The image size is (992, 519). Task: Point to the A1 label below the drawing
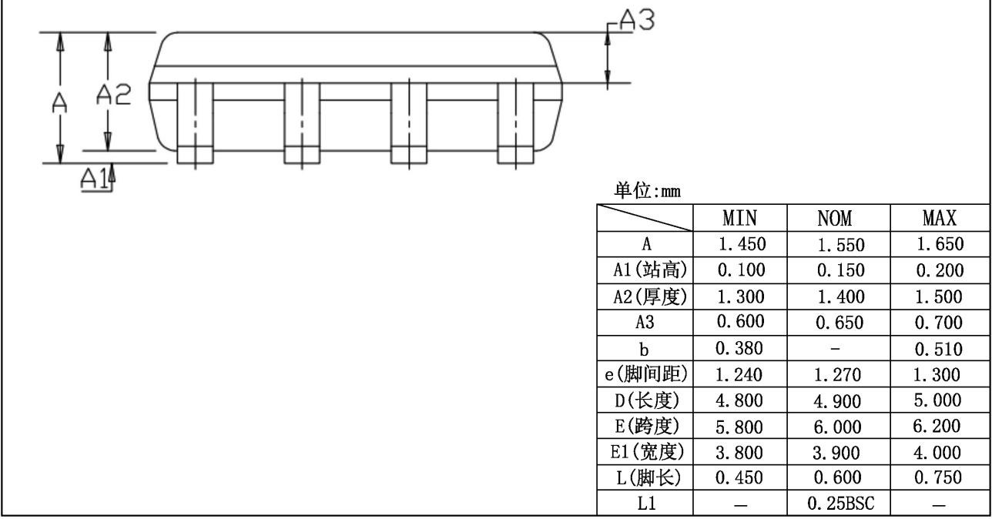point(93,178)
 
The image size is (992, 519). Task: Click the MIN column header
point(740,219)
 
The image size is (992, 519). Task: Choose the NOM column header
point(839,219)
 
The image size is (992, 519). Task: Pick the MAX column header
point(940,219)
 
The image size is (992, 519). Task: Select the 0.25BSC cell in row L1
point(839,504)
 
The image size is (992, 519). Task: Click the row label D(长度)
point(645,400)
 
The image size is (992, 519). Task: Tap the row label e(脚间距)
point(645,375)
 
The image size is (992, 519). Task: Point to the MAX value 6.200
point(940,427)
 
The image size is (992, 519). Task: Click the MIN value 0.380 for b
point(740,349)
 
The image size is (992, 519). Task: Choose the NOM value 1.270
point(839,375)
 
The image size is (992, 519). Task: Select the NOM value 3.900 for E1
point(839,453)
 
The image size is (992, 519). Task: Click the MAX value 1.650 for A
point(940,245)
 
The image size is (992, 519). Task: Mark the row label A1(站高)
point(645,271)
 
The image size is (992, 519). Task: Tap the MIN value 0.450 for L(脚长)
point(740,478)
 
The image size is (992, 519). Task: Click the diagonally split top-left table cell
point(645,219)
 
